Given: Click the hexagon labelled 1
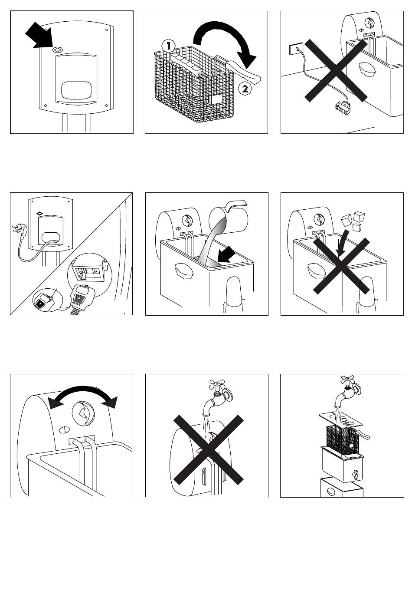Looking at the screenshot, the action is (168, 46).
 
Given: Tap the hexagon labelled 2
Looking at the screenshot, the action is (245, 89).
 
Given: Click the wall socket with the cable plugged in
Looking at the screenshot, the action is (296, 49).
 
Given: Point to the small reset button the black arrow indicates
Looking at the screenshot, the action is (57, 50).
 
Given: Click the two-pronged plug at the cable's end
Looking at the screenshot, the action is (19, 229).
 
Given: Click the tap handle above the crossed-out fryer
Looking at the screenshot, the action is (217, 384).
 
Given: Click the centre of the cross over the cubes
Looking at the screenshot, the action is (341, 266).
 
